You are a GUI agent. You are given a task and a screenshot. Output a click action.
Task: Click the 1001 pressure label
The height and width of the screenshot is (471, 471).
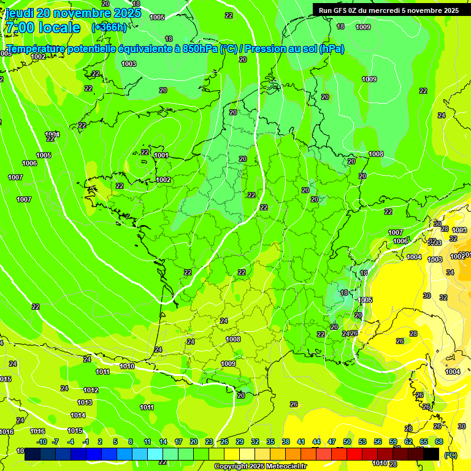click(161, 155)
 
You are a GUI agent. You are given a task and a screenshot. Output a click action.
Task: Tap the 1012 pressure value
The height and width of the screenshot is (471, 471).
click(91, 390)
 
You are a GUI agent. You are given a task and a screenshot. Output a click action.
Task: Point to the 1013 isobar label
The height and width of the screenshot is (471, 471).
click(85, 402)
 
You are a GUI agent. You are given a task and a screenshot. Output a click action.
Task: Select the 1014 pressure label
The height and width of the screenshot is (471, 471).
click(78, 415)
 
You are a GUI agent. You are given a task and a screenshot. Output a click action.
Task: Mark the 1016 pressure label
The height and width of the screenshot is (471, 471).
click(38, 431)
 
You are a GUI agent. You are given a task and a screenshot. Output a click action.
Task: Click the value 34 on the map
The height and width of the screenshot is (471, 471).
click(450, 272)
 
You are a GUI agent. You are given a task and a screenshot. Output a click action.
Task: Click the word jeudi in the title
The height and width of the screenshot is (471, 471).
click(19, 13)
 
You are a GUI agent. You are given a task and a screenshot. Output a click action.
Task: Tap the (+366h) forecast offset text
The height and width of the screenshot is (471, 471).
click(109, 28)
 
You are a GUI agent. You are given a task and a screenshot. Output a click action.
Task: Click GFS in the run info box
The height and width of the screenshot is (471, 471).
click(342, 10)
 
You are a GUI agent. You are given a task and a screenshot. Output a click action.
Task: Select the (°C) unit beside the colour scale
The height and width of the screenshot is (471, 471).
click(450, 455)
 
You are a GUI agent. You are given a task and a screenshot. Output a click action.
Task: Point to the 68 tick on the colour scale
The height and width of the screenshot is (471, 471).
click(439, 442)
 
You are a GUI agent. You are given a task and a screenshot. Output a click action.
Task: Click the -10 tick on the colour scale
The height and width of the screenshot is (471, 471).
click(42, 442)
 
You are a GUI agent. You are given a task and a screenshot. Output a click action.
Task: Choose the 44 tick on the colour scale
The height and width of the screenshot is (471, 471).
click(316, 442)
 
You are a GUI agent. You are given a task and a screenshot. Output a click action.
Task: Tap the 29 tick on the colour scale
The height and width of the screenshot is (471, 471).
click(240, 442)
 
